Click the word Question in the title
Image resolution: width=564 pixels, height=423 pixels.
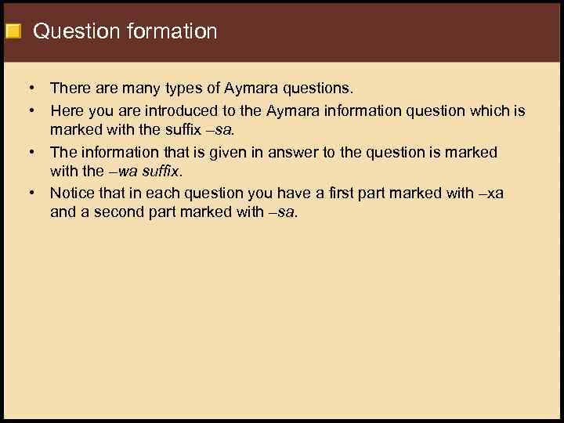point(72,32)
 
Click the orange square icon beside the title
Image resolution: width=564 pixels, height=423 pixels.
point(13,32)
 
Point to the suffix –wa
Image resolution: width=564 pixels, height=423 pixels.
point(126,172)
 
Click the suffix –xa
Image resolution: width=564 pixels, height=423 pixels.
point(490,193)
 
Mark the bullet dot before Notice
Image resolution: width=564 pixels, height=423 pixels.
point(34,193)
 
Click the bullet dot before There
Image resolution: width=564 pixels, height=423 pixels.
point(34,89)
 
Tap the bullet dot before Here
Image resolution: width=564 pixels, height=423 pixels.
point(34,110)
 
